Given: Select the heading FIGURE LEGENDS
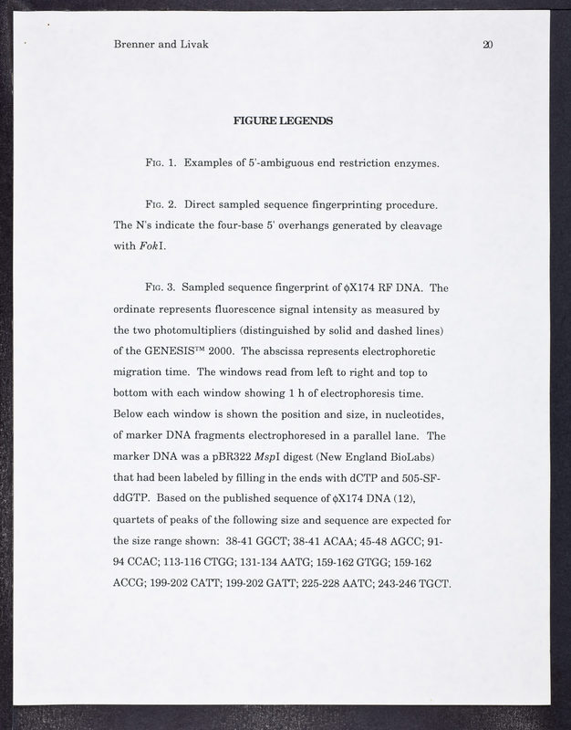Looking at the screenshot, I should (x=284, y=120).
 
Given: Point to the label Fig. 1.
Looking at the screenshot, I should (x=162, y=164).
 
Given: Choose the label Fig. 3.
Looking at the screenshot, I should (x=162, y=287).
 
